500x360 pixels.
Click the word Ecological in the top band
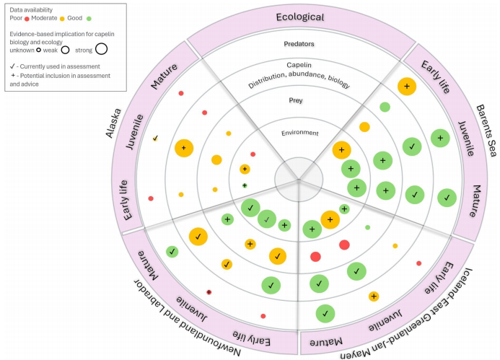(298, 17)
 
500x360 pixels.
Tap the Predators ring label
(299, 43)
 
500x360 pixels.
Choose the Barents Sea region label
(483, 130)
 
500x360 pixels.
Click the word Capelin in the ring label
(299, 65)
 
